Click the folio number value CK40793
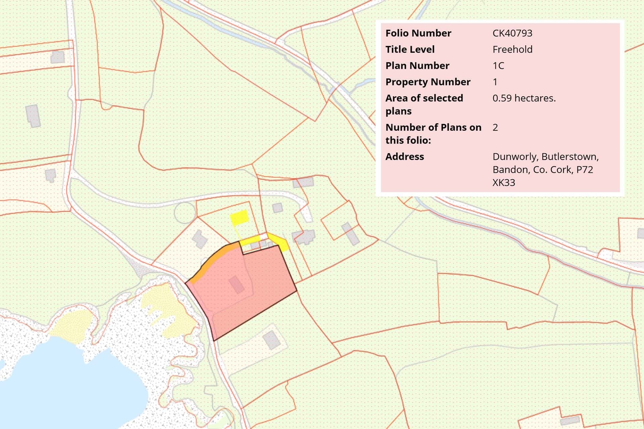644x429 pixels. pos(512,33)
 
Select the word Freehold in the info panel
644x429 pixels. pos(512,50)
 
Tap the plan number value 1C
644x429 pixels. pos(498,66)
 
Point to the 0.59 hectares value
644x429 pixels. pos(524,98)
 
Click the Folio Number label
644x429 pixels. pos(418,33)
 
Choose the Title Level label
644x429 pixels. pos(410,50)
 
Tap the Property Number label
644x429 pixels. pos(428,82)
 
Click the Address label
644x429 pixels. pos(405,157)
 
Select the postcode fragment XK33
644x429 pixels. pos(503,183)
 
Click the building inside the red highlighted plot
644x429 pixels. pos(236,284)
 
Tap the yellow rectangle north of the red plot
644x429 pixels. pos(239,217)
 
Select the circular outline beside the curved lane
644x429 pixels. pos(185,213)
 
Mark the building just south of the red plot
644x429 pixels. pos(271,339)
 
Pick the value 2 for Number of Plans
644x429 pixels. pos(495,127)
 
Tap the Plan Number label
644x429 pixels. pos(417,66)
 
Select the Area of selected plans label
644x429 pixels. pos(424,104)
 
